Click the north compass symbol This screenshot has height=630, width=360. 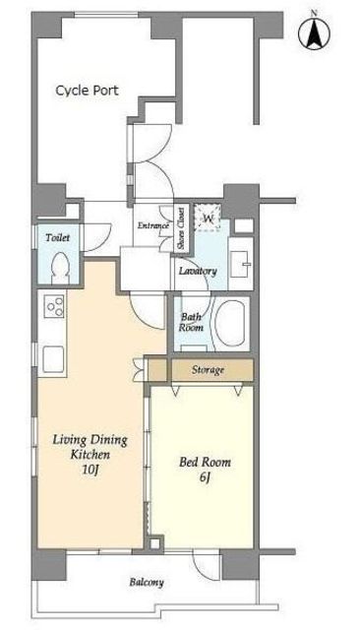click(x=314, y=32)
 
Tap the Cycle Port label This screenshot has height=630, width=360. click(x=88, y=90)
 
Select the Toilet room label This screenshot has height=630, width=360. click(x=57, y=237)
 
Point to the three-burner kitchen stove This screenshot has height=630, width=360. click(x=55, y=306)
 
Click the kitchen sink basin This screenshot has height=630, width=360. click(x=53, y=358)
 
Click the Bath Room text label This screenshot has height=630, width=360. click(x=191, y=322)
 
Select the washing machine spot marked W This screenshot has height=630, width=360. click(x=208, y=219)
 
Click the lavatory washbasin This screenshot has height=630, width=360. click(x=240, y=264)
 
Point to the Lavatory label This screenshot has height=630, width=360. click(x=198, y=271)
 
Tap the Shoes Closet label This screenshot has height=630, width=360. click(x=181, y=227)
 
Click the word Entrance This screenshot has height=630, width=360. click(x=152, y=225)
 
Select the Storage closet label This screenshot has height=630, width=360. click(x=208, y=370)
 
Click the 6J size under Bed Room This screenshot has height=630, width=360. click(x=206, y=477)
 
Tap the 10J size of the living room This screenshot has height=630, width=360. click(x=90, y=469)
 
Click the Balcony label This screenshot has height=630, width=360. click(x=147, y=582)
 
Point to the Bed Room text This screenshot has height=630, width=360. click(x=206, y=462)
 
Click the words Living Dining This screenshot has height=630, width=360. click(x=90, y=440)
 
